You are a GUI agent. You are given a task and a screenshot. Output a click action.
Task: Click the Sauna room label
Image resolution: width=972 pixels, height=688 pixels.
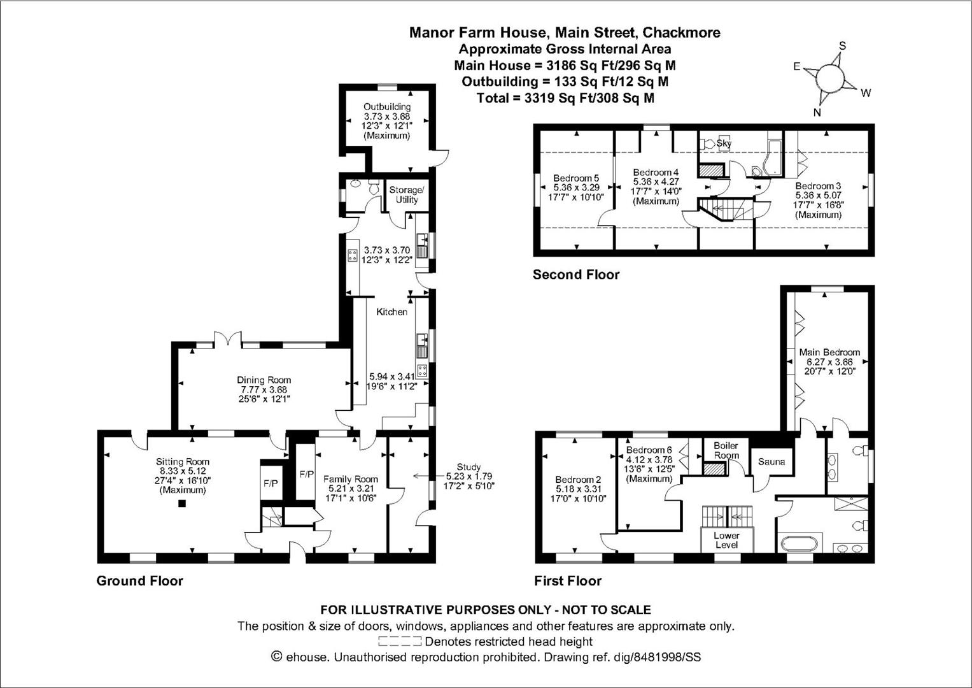[771, 461]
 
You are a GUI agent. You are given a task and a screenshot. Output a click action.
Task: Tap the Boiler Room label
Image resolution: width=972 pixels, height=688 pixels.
[726, 450]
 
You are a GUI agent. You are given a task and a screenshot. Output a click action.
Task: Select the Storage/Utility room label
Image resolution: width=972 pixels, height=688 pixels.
[406, 194]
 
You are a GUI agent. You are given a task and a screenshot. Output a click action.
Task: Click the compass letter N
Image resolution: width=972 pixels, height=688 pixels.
[817, 113]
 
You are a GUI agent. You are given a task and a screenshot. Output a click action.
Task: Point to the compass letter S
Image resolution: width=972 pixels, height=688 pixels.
[842, 46]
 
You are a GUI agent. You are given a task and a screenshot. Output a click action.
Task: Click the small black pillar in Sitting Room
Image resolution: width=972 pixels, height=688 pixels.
[182, 504]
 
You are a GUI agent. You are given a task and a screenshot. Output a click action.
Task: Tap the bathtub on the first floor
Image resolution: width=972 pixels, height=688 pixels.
[799, 545]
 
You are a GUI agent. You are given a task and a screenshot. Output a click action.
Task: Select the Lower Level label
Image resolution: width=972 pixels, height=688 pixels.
[726, 540]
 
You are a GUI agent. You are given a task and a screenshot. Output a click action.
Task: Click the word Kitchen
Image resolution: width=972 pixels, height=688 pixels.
[391, 312]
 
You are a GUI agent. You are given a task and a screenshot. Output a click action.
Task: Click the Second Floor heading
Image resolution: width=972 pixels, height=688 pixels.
[575, 275]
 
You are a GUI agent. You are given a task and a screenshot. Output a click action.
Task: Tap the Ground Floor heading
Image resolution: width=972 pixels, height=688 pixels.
[139, 581]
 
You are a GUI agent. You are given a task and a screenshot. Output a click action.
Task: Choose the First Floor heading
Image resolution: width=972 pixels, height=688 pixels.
[567, 581]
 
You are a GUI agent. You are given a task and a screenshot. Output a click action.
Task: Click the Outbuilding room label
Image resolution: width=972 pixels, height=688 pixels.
[387, 107]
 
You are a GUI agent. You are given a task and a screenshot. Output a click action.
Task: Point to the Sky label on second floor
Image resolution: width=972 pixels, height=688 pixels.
[724, 144]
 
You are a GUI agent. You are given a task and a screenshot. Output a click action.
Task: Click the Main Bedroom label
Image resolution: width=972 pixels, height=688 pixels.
[829, 352]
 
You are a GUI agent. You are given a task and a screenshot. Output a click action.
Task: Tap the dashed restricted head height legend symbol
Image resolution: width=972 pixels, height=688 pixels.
[400, 641]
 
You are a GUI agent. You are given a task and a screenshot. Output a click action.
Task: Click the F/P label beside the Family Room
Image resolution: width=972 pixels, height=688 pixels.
[307, 474]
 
